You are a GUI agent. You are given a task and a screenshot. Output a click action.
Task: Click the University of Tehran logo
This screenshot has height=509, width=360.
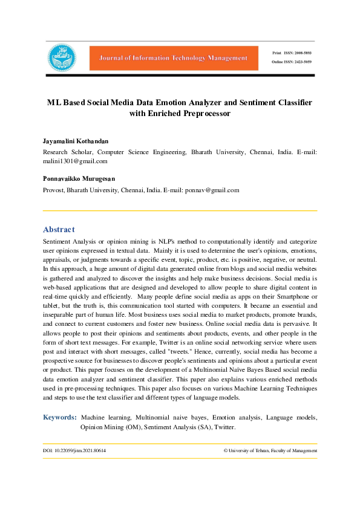click(62, 57)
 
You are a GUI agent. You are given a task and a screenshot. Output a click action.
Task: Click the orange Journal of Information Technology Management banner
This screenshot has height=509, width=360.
click(169, 58)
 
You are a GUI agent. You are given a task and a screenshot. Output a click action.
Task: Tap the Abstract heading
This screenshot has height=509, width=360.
click(59, 230)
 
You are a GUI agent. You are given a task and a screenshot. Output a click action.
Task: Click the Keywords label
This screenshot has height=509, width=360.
click(59, 417)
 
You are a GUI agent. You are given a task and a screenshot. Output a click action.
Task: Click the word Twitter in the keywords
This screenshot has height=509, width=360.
click(223, 427)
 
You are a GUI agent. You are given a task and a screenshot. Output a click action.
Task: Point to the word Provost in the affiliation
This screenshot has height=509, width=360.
click(54, 190)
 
